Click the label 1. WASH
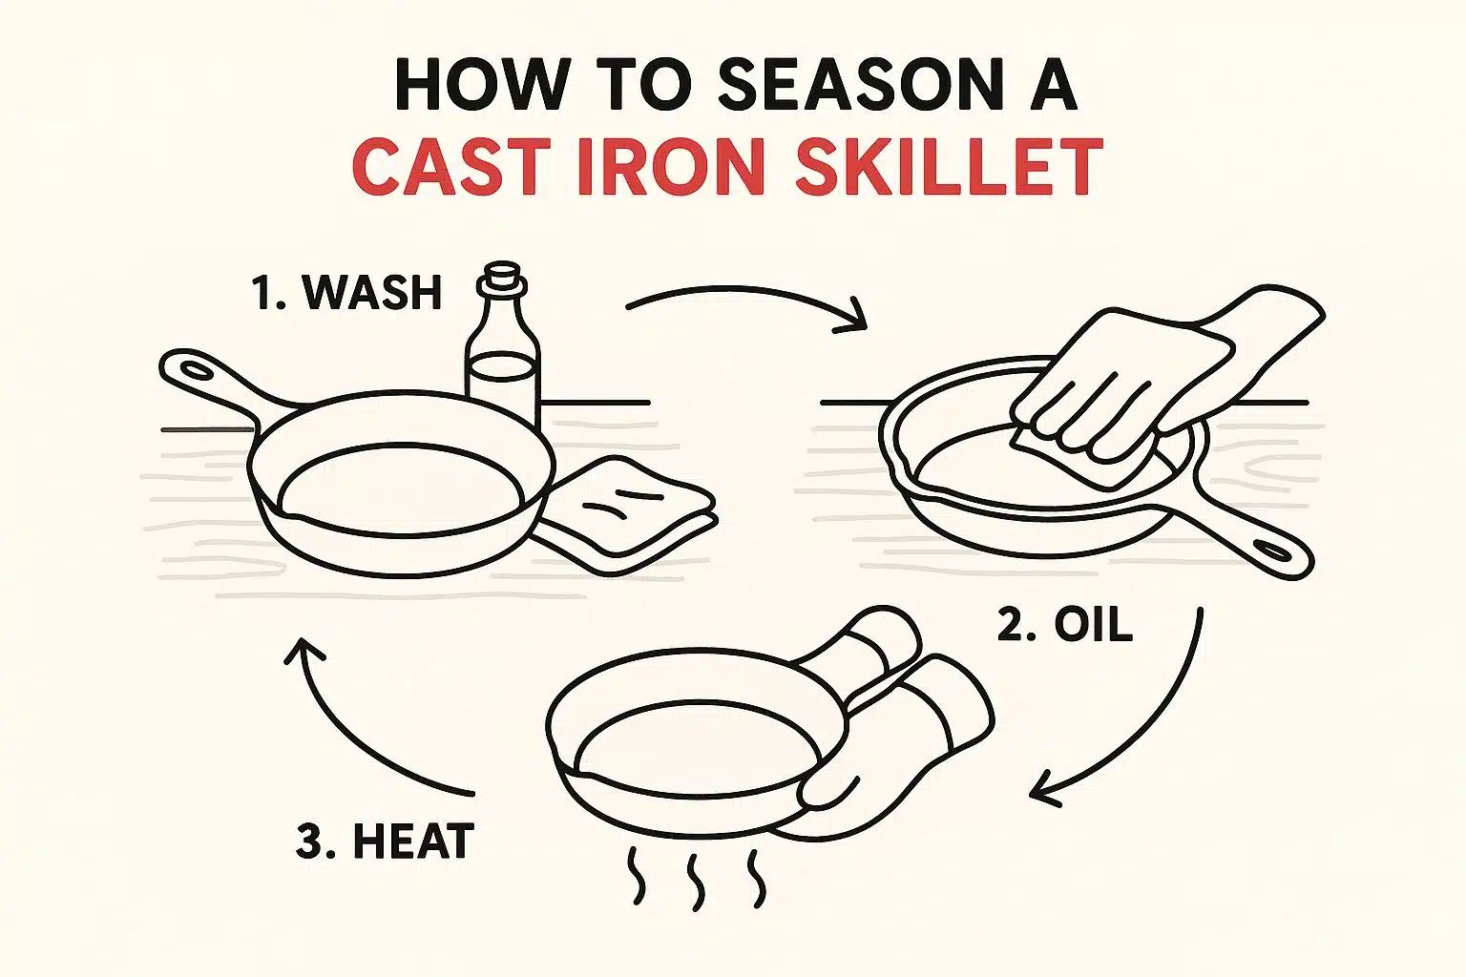[x=347, y=292]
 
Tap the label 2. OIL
[x=1065, y=626]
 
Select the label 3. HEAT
[x=385, y=842]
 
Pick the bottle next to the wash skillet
[x=502, y=367]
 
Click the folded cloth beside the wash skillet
[x=630, y=510]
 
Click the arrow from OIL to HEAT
[x=1145, y=725]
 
